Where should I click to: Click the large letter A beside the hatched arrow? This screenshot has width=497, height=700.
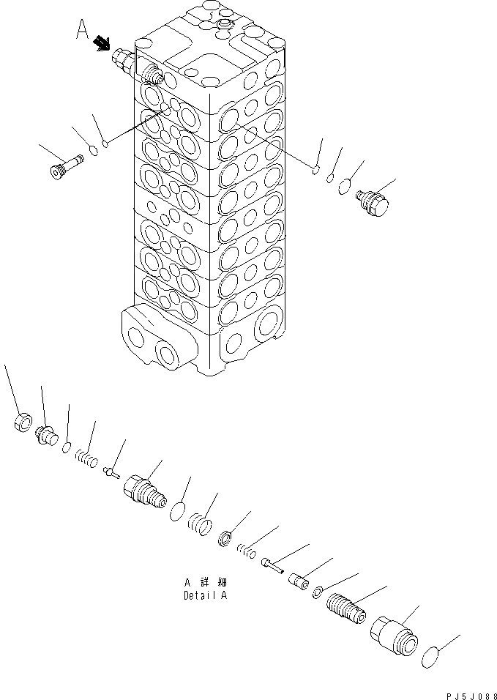[x=83, y=30]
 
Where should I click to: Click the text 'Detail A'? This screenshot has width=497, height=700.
[x=206, y=595]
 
